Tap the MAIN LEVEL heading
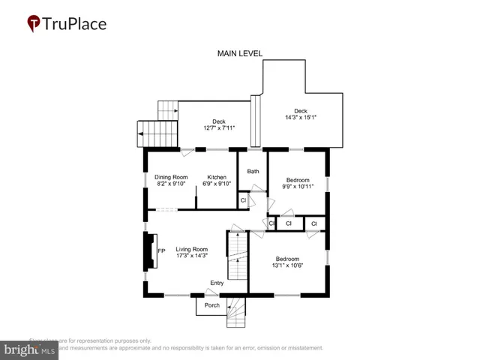pos(240,54)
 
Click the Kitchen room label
pos(217,177)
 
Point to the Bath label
pos(253,172)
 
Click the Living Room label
pos(191,249)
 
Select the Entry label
pos(217,283)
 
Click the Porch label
pos(211,305)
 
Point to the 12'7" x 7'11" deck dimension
pos(218,128)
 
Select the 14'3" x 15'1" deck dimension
pos(300,117)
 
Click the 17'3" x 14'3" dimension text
pos(191,256)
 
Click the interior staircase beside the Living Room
pos(238,256)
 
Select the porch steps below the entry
pos(237,311)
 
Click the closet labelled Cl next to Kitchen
pos(243,201)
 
